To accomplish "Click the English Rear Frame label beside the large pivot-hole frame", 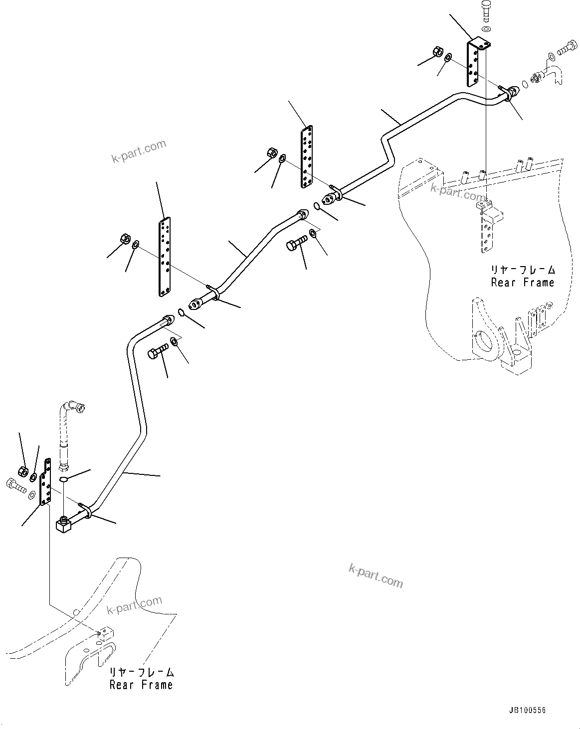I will (522, 283).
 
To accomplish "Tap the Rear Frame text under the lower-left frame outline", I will (141, 685).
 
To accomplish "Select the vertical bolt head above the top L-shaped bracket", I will (486, 10).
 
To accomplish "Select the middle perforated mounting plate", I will (306, 156).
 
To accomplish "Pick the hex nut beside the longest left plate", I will (124, 239).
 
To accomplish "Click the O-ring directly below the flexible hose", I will (63, 479).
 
